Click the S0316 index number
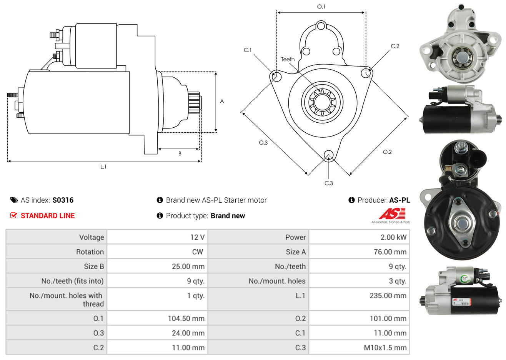point(63,200)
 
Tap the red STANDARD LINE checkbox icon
point(14,215)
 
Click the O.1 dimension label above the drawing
point(321,7)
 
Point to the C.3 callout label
point(329,183)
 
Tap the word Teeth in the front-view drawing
point(288,59)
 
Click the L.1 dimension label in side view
point(103,167)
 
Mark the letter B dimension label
point(180,153)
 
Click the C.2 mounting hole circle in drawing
point(366,73)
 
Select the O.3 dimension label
point(263,143)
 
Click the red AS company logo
point(391,214)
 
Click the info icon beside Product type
point(160,215)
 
